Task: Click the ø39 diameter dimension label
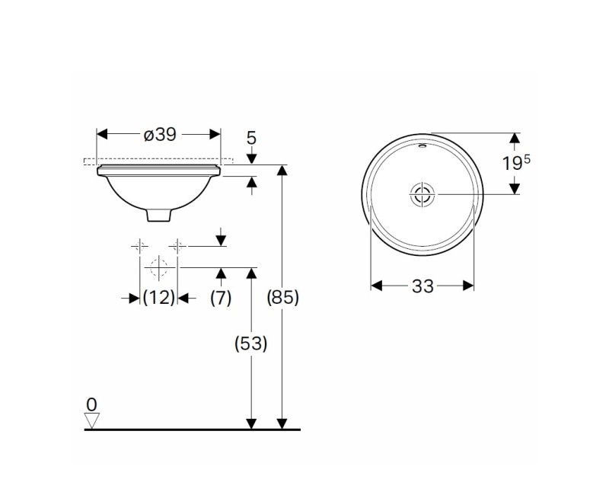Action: (x=160, y=134)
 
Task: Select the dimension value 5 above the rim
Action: (x=252, y=138)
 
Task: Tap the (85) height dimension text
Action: (x=282, y=298)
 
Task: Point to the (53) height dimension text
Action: (x=251, y=343)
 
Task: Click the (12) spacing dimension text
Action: (x=159, y=298)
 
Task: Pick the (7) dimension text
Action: (x=221, y=298)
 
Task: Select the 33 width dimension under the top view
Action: (x=422, y=286)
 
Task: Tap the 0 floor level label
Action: (x=92, y=404)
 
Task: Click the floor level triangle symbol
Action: (x=92, y=420)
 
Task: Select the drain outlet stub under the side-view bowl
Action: (x=158, y=216)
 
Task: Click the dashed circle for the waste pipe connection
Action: (x=158, y=267)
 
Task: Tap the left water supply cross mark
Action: (x=139, y=245)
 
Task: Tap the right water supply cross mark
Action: (x=177, y=245)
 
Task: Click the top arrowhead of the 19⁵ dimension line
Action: (x=515, y=138)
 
